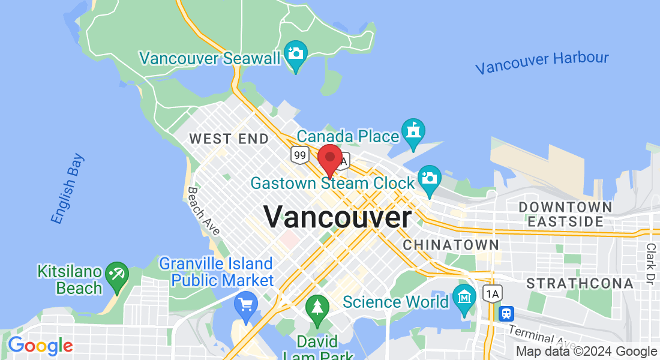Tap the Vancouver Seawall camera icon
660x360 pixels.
(295, 53)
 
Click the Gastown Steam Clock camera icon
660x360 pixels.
(429, 178)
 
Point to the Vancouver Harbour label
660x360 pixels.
(542, 62)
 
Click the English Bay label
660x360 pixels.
(67, 189)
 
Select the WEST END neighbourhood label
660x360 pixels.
(229, 139)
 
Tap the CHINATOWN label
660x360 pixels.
(451, 245)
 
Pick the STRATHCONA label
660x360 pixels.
(580, 283)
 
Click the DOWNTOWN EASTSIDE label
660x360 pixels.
(566, 214)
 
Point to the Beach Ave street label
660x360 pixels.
(203, 211)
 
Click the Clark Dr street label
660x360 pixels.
(651, 263)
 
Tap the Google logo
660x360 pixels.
(40, 346)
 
